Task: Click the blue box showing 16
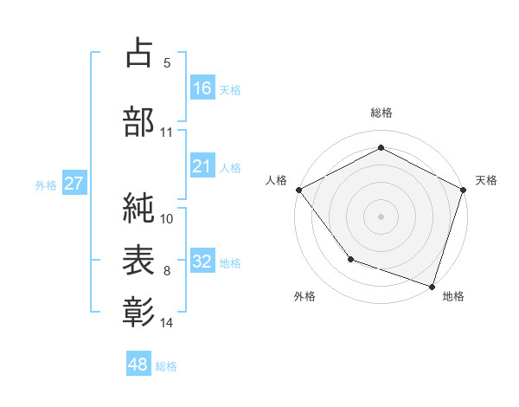[x=202, y=88]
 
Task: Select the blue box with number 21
[x=202, y=166]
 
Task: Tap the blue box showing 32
[x=202, y=262]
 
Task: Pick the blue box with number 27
[x=74, y=184]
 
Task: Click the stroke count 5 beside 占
[x=166, y=63]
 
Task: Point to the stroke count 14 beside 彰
[x=167, y=323]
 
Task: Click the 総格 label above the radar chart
[x=381, y=113]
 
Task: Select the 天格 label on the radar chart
[x=486, y=180]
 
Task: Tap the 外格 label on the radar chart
[x=304, y=296]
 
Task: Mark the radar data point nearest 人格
[x=298, y=189]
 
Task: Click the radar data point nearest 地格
[x=432, y=286]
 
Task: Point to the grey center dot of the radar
[x=381, y=216]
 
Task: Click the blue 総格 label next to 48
[x=166, y=366]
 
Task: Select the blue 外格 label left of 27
[x=45, y=185]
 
